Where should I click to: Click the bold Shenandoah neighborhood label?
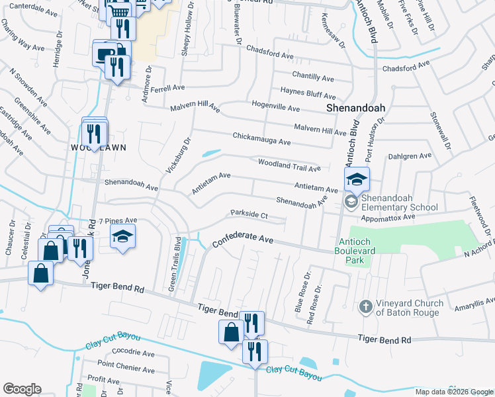(356, 107)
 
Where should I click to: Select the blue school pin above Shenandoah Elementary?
(356, 180)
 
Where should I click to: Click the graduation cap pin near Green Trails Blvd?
(122, 238)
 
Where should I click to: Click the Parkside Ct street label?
(248, 214)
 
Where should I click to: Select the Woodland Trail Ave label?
(289, 163)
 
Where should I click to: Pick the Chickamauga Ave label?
(261, 139)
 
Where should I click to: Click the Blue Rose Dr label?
(303, 291)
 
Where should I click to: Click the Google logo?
(22, 389)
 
